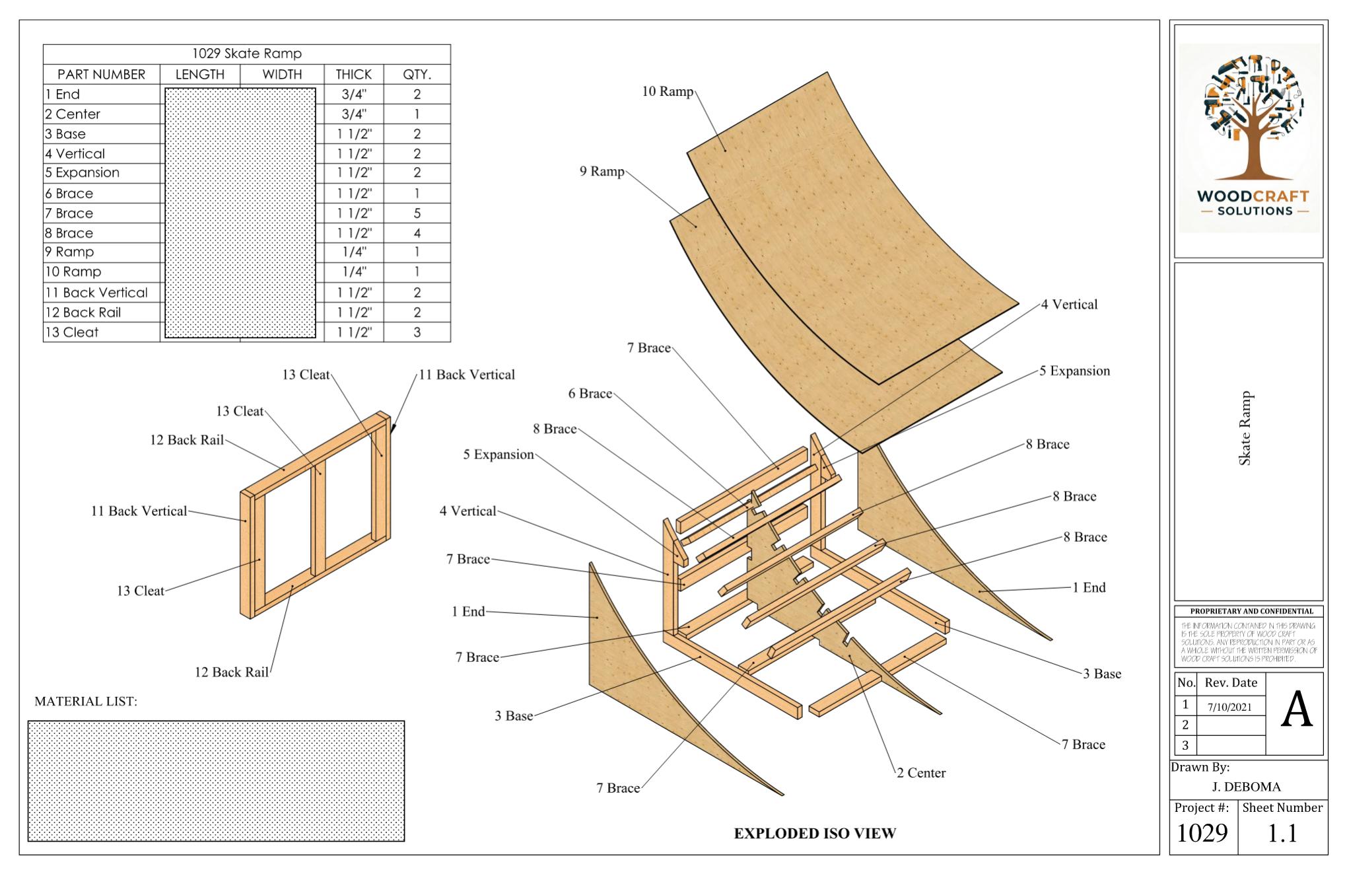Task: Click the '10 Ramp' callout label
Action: [668, 92]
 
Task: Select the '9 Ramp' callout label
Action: [602, 172]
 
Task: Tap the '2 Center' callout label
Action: [921, 773]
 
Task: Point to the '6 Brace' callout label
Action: [590, 394]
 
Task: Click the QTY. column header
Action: [417, 75]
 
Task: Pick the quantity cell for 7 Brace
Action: [417, 213]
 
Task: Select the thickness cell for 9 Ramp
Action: [354, 252]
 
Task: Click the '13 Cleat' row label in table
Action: [72, 332]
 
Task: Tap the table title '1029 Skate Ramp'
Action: [247, 54]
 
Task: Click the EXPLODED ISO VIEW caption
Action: [815, 834]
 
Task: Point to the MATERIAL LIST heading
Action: [86, 702]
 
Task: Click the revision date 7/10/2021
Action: [1229, 706]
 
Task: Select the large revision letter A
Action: [1296, 711]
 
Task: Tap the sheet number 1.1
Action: [1282, 834]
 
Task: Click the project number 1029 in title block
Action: [1202, 834]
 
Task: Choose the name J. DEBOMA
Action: [1246, 787]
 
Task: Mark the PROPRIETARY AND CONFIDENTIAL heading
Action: [1251, 611]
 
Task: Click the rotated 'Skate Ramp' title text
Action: [1245, 429]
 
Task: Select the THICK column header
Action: [354, 75]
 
